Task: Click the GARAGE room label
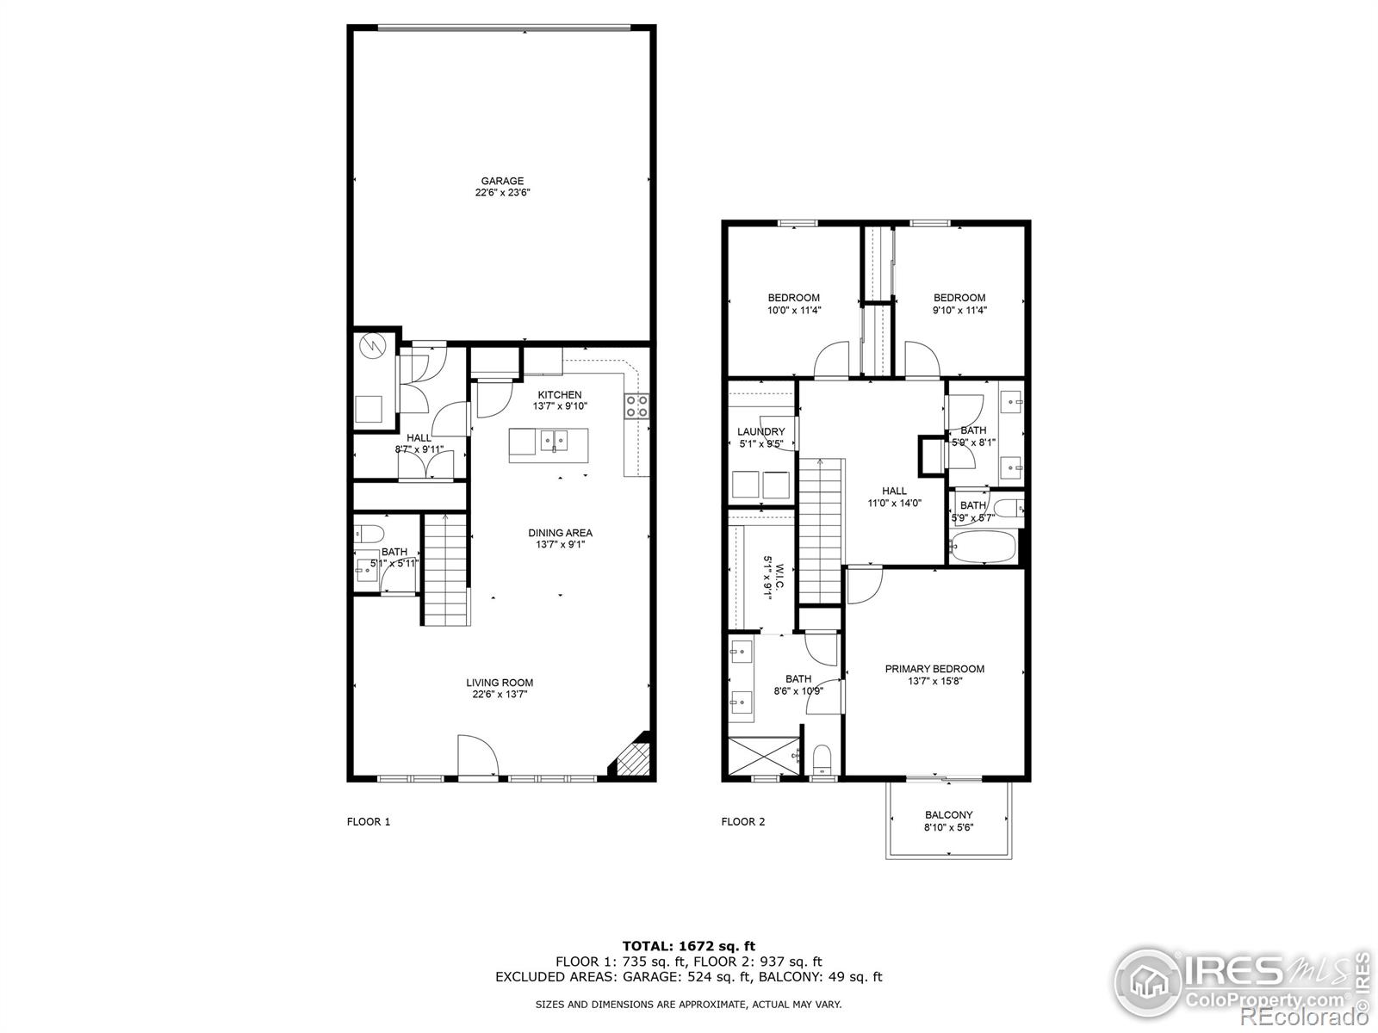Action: click(502, 182)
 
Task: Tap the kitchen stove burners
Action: click(636, 405)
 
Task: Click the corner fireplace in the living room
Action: click(633, 758)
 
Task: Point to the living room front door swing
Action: click(476, 756)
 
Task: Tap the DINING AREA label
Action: click(560, 533)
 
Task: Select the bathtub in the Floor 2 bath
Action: click(983, 547)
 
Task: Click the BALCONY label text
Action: click(948, 814)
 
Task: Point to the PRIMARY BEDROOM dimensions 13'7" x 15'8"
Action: click(934, 681)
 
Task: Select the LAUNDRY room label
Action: click(760, 432)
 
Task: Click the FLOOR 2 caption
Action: click(742, 821)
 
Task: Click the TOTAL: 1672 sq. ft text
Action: click(688, 946)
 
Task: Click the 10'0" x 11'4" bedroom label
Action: click(793, 310)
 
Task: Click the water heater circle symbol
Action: click(375, 346)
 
